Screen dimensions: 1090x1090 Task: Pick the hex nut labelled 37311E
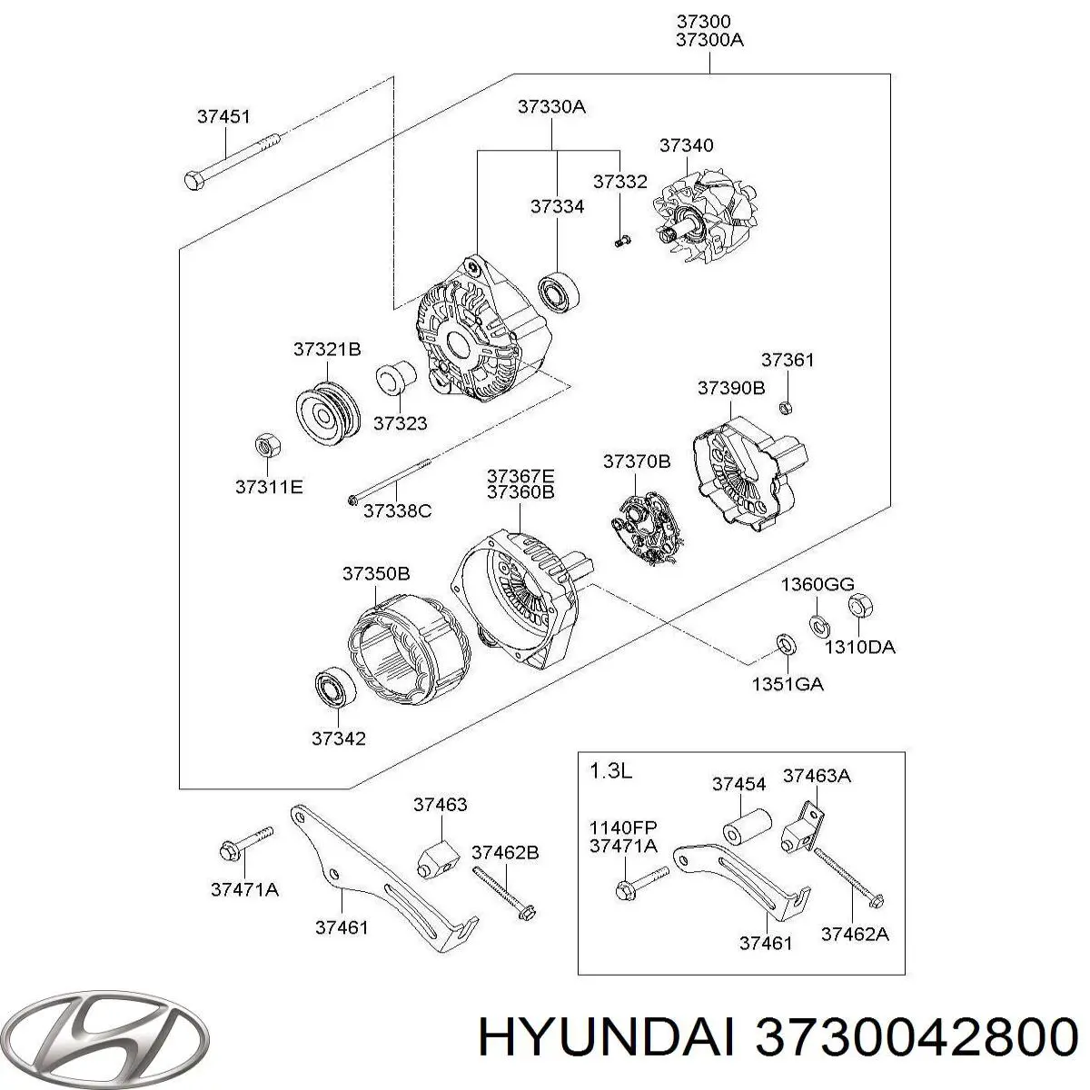[x=265, y=446]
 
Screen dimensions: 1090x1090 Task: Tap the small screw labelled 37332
[x=620, y=241]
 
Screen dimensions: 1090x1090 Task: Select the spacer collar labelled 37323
[x=396, y=378]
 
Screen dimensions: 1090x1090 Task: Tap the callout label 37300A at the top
[x=709, y=40]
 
